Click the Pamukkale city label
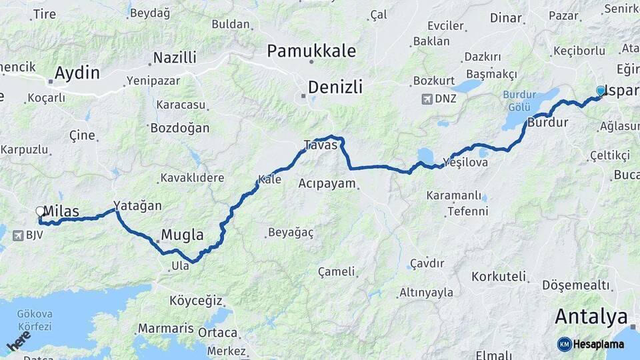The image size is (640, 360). [311, 51]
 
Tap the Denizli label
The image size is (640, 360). [335, 87]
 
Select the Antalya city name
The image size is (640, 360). [591, 316]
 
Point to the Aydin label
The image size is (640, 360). [77, 73]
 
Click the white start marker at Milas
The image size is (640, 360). [40, 212]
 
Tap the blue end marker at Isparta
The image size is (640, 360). [601, 91]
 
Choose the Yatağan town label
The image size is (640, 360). [137, 205]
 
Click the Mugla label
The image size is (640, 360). [182, 235]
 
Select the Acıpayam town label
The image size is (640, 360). [327, 183]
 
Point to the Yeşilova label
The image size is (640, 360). [465, 162]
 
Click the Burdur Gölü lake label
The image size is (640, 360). [520, 101]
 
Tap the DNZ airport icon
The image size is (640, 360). [427, 99]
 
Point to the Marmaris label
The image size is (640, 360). [165, 329]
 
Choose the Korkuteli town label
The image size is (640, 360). [499, 276]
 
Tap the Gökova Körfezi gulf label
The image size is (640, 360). [35, 319]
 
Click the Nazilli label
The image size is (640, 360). [175, 57]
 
